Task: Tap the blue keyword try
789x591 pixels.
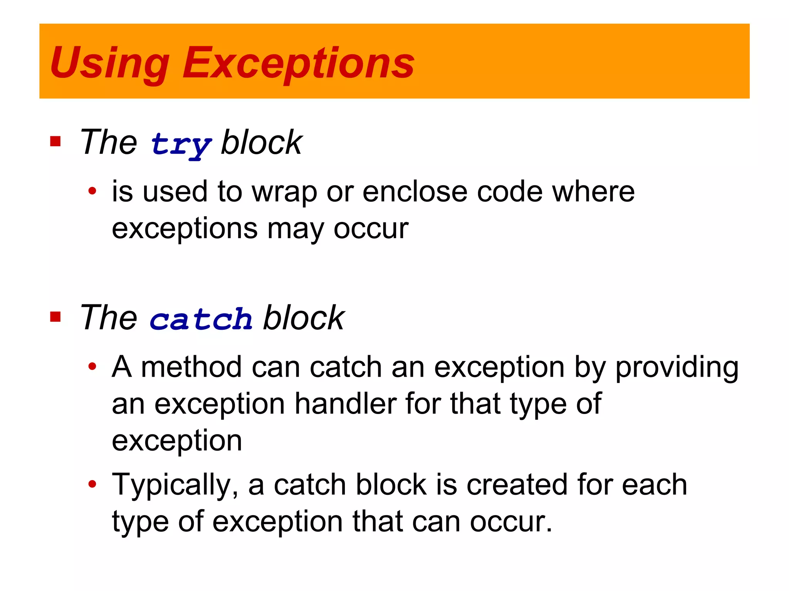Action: pos(181,145)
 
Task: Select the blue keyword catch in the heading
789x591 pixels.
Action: pos(201,319)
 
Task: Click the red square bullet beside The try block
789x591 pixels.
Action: pos(55,142)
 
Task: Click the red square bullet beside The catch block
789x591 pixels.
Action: pos(55,317)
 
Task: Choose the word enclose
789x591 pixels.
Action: pos(415,192)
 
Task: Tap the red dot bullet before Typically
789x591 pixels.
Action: pos(92,484)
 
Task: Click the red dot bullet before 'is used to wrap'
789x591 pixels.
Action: pos(92,190)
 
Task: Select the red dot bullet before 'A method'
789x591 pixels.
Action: pos(92,366)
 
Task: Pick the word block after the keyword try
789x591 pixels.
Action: pos(262,142)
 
